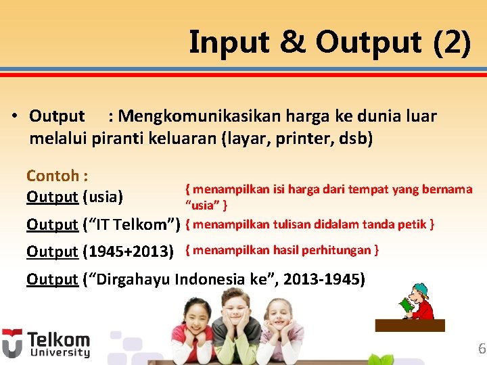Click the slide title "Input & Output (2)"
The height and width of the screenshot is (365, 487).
(329, 42)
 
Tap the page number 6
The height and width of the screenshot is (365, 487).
(481, 349)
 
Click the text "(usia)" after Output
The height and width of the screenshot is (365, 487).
(103, 197)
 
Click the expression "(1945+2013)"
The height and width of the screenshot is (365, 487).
(128, 251)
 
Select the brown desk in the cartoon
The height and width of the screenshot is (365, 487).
(410, 325)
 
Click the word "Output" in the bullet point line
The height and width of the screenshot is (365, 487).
(57, 116)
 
